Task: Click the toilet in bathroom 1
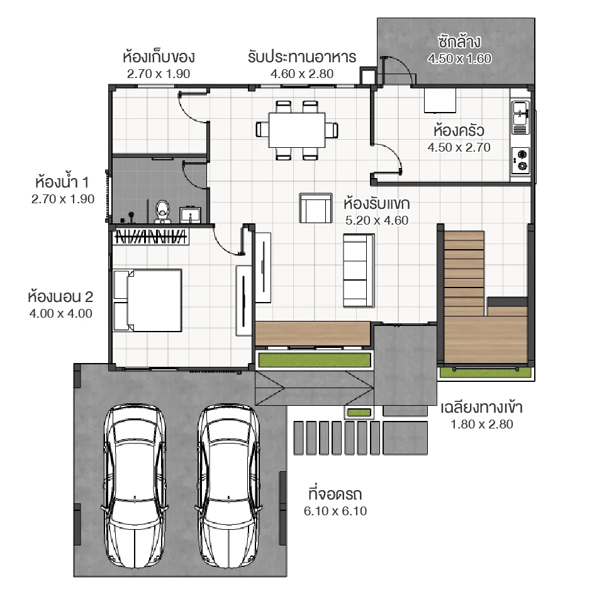(x=163, y=211)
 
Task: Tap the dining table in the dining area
(x=297, y=130)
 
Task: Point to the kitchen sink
(x=520, y=116)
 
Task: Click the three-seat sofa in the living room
(x=359, y=270)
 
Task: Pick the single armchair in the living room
(x=315, y=208)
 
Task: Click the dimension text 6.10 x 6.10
(x=335, y=512)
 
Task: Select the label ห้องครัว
(x=459, y=131)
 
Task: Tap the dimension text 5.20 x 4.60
(x=377, y=220)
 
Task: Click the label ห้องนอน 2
(x=60, y=296)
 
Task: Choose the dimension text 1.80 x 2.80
(x=481, y=424)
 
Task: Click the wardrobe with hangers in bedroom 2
(x=150, y=237)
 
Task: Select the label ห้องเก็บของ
(x=159, y=57)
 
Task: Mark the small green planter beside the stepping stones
(x=359, y=413)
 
